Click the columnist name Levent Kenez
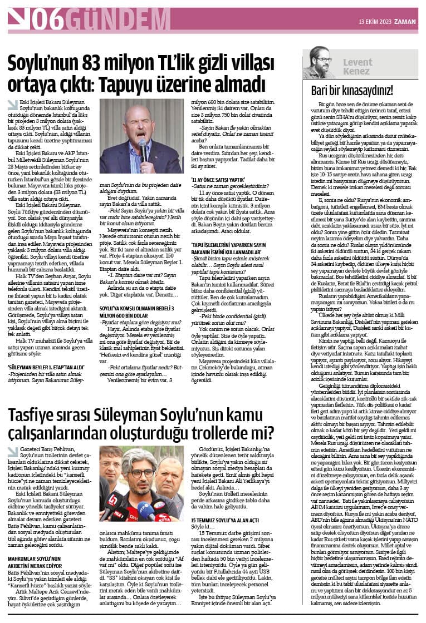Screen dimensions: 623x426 pos(356,66)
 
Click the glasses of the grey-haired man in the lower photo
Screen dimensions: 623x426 pos(131,474)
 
